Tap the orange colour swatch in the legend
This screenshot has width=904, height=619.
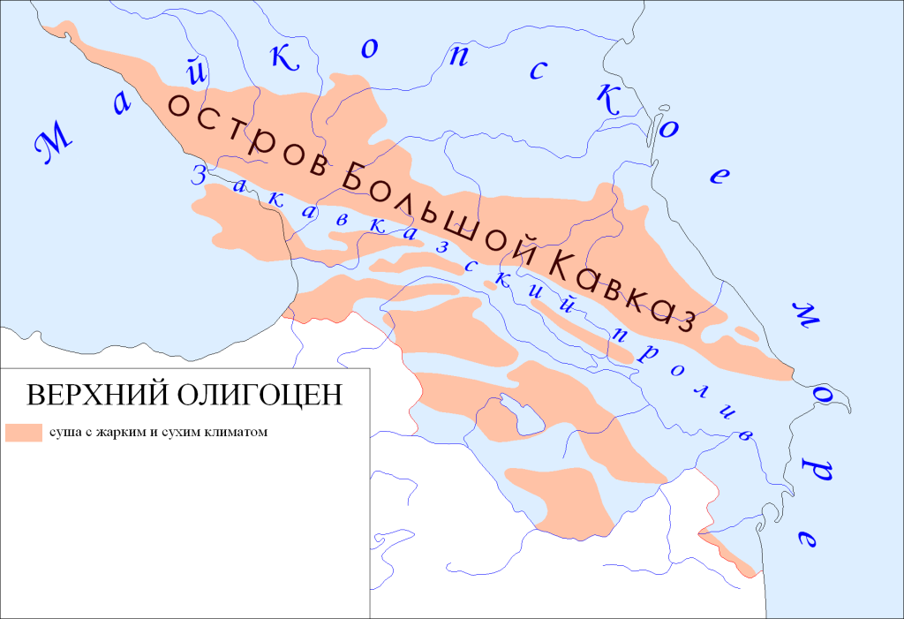click(24, 432)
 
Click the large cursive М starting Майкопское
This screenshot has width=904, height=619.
click(55, 144)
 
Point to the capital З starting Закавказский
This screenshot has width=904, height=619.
click(200, 173)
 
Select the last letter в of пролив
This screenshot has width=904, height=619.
click(745, 434)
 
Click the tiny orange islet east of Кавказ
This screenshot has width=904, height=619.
click(747, 333)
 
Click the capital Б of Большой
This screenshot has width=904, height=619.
click(351, 180)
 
